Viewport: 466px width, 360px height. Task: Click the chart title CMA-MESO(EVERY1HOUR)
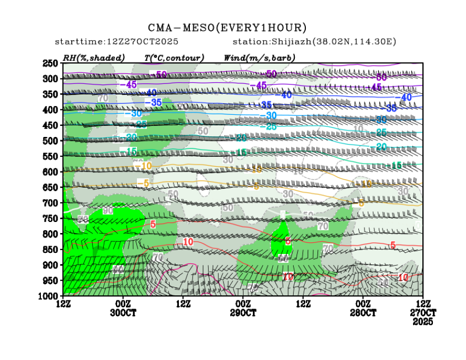227,28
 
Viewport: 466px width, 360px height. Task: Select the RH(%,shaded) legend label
93,57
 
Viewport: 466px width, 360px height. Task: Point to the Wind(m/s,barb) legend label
259,57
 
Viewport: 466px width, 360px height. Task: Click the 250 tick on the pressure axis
50,63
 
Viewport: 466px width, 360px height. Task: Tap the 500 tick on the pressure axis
50,141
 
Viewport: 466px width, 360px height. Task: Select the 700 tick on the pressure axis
50,203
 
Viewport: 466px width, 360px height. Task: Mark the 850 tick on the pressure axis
50,250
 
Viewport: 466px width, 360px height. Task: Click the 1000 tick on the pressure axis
49,296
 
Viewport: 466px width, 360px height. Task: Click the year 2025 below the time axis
423,321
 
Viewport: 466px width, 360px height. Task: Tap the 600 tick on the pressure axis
50,172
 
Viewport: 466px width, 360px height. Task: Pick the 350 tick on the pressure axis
50,94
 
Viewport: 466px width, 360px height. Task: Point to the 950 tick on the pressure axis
50,280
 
